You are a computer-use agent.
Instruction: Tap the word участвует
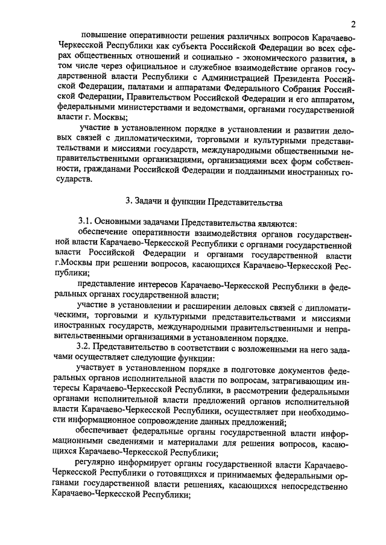98,368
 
